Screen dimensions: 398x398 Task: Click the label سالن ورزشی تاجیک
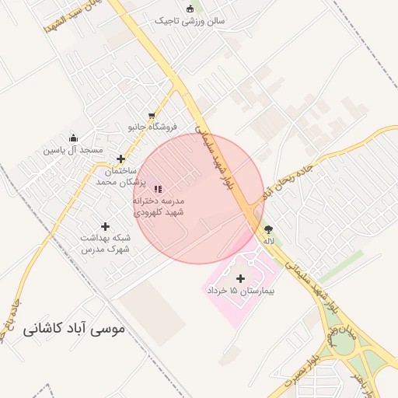coord(190,21)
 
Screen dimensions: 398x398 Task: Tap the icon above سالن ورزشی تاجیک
coord(190,9)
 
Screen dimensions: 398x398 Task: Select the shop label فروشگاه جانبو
coord(152,126)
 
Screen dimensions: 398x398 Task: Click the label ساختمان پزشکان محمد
coord(116,175)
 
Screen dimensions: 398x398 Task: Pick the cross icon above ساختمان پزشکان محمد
coord(120,159)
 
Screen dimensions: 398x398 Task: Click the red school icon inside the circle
coord(158,189)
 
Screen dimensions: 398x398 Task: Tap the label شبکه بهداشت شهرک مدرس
coord(105,244)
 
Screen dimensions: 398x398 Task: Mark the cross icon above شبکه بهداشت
coord(106,227)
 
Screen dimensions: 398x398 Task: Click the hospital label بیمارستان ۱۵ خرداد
coord(241,290)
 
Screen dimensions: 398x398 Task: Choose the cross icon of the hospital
coord(240,278)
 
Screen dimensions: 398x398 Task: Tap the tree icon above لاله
coord(269,229)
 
